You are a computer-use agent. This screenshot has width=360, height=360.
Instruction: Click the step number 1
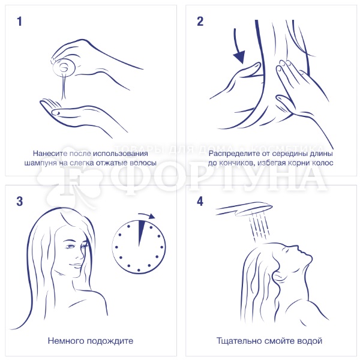(20, 22)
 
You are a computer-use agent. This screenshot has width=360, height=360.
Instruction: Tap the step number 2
(200, 22)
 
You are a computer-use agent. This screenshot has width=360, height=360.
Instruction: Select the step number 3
(20, 202)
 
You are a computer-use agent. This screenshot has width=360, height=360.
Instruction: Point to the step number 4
(200, 202)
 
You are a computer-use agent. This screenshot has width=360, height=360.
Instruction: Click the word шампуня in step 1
(40, 163)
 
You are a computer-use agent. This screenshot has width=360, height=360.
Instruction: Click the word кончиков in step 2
(237, 163)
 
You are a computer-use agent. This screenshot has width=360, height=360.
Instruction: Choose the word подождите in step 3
(110, 341)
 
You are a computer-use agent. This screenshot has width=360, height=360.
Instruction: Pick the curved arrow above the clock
(147, 215)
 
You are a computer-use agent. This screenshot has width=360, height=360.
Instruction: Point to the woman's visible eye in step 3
(71, 247)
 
